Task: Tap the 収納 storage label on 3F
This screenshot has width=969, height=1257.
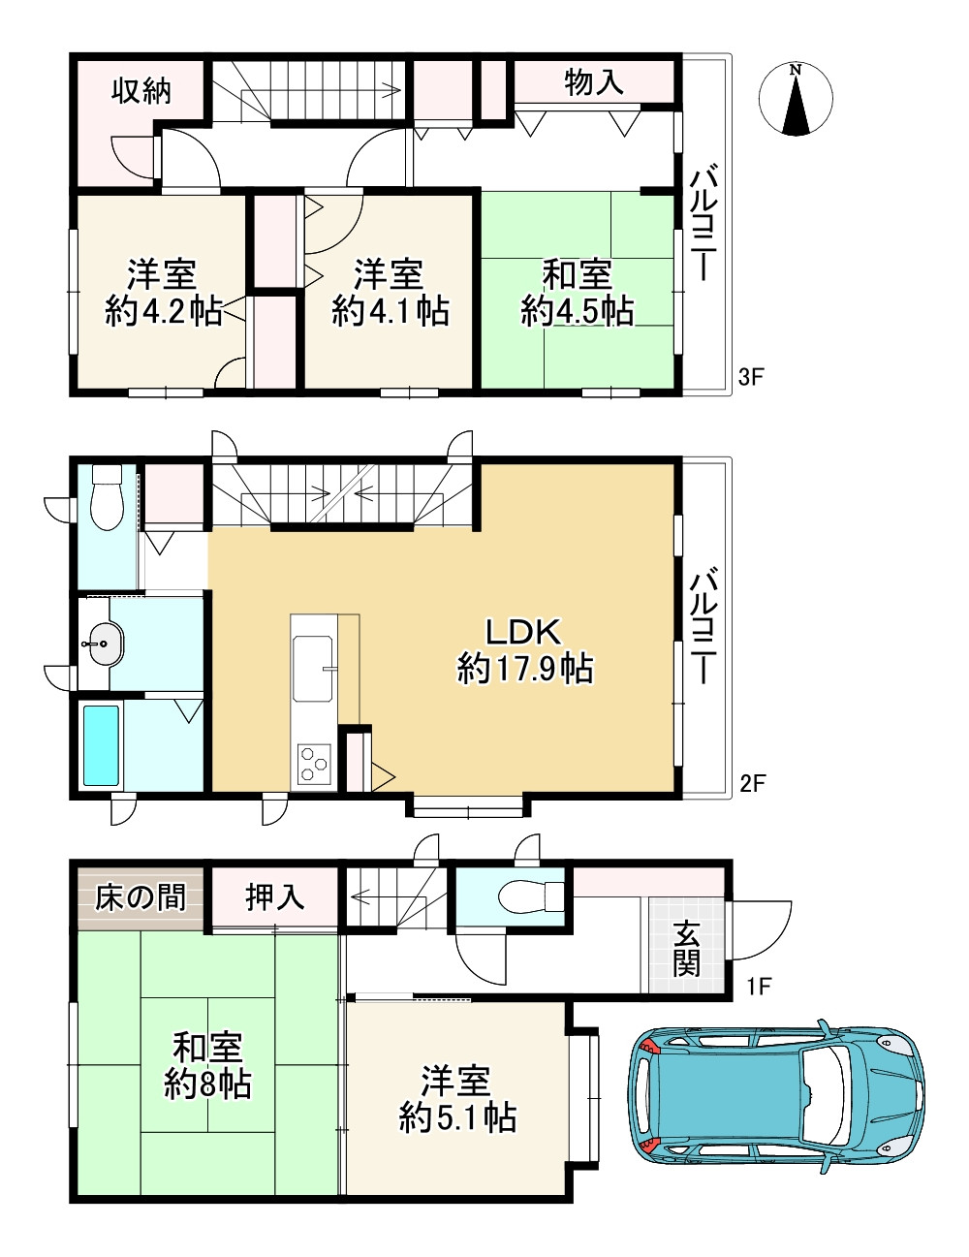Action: (x=141, y=91)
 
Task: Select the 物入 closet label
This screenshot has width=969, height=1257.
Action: (x=594, y=81)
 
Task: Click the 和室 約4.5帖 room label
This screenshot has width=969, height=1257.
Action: (x=577, y=294)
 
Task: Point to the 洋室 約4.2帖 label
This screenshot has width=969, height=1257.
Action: (x=163, y=294)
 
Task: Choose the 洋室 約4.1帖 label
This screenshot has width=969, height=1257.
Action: (x=390, y=294)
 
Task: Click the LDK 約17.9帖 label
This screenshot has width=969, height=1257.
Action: (x=525, y=651)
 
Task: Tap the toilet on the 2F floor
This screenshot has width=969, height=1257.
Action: (x=108, y=497)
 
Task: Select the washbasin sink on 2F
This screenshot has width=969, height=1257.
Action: (x=102, y=644)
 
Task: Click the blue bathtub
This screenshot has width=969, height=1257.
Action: (x=102, y=745)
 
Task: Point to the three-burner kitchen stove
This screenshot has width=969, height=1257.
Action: (x=314, y=764)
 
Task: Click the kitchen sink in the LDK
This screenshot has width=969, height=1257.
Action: (x=313, y=669)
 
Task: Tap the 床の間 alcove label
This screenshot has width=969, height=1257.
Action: (x=141, y=897)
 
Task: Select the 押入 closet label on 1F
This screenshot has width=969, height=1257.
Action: (x=274, y=897)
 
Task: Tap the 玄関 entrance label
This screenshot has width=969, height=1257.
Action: (x=686, y=950)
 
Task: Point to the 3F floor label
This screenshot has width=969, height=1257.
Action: (x=752, y=377)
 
